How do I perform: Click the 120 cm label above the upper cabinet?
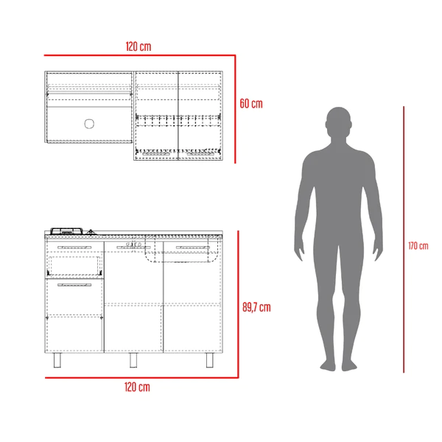pos(138,46)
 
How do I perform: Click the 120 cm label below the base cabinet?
pos(138,387)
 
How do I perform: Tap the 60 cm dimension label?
pos(251,104)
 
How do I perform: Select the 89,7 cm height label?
pos(256,307)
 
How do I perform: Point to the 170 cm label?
pos(418,245)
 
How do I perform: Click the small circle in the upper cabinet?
pos(90,124)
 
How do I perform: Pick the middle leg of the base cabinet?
pos(133,359)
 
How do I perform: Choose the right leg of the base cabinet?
pos(209,359)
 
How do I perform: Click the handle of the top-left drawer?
pos(74,248)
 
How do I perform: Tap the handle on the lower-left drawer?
pos(74,284)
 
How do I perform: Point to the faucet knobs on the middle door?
pos(133,244)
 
